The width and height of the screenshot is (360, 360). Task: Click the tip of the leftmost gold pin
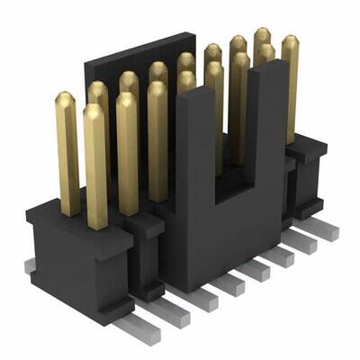[66, 96]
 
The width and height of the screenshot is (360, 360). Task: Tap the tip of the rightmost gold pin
[290, 40]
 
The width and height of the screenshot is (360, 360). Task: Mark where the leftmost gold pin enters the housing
[69, 212]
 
